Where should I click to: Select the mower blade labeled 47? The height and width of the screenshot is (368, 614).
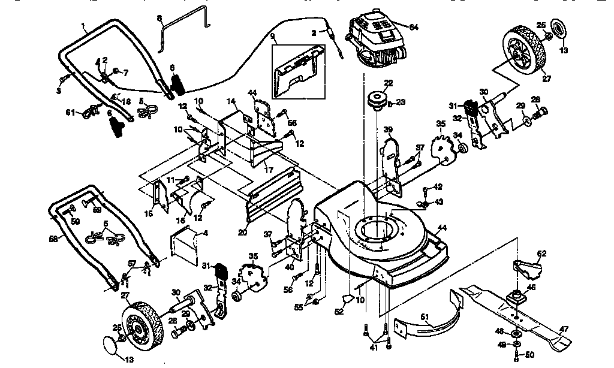tap(516, 314)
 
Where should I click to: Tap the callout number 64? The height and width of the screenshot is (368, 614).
tap(413, 26)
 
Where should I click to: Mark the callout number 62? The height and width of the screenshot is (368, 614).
tap(541, 253)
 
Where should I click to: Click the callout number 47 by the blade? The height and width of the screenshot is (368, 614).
tap(564, 328)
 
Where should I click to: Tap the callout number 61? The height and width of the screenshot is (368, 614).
tap(70, 112)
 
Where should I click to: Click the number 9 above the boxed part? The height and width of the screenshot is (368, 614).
tap(273, 36)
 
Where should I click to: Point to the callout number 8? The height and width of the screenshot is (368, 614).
tap(159, 19)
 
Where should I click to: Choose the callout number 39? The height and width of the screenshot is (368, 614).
tap(388, 130)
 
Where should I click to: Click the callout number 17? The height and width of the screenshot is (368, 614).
tap(269, 170)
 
